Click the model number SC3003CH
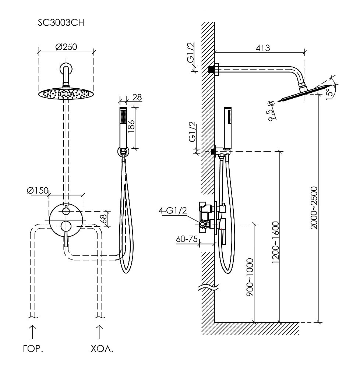[61, 23]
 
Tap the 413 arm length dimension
[263, 47]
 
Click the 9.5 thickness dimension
[271, 115]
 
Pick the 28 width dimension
[137, 98]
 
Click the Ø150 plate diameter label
[38, 190]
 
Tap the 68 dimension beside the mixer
[105, 219]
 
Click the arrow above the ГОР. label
[32, 331]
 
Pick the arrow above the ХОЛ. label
[99, 331]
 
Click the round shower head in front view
[66, 93]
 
